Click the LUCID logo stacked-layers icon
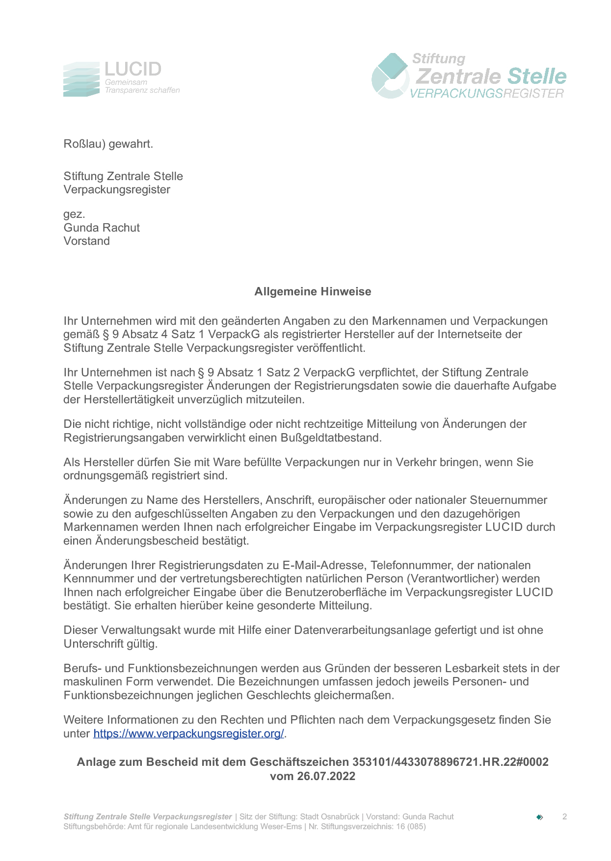[x=81, y=79]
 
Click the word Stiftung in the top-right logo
[x=438, y=59]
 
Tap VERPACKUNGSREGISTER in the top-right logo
[x=486, y=94]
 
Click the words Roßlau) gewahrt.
[x=108, y=144]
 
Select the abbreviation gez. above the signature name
[x=74, y=214]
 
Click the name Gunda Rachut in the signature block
[x=102, y=228]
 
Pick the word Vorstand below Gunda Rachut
[x=86, y=241]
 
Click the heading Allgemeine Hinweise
[x=313, y=292]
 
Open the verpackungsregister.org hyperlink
[x=188, y=734]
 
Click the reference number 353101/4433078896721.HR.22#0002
[x=450, y=762]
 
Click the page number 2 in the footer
[x=564, y=817]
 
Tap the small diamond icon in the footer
[x=539, y=817]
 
